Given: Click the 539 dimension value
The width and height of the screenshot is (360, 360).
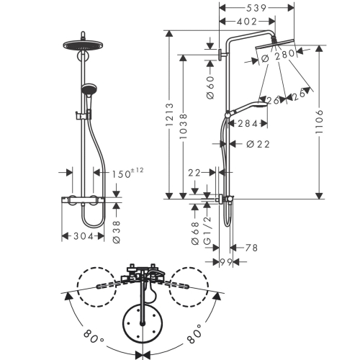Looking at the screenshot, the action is pos(256,8).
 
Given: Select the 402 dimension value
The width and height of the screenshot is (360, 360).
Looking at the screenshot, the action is pos(247,22).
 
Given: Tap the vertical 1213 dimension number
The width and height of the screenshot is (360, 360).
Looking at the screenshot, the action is pos(170,114).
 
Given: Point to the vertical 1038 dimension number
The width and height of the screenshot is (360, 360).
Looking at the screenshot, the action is pos(184,126).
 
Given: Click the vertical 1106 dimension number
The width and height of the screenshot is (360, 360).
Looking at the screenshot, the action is pos(320,122).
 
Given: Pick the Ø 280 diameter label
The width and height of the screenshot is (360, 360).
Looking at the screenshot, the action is pos(278,56).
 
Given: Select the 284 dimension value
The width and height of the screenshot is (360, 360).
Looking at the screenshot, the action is pos(248,124).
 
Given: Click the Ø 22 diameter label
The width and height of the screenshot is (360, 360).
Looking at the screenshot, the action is pos(258,144).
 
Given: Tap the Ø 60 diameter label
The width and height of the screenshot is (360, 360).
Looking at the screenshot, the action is pos(210,88).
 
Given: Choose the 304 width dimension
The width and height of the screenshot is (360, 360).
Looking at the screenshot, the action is pos(84,236).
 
